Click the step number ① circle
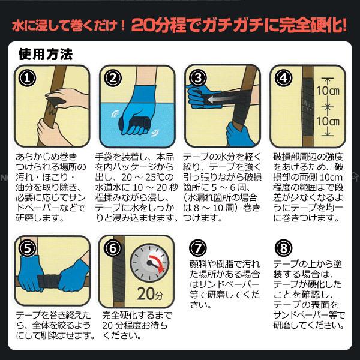tap(27, 78)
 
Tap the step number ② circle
tap(113, 78)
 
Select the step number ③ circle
tap(198, 78)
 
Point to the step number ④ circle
tap(283, 78)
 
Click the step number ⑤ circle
tap(27, 248)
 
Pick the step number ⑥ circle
tap(113, 248)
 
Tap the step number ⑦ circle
tap(198, 248)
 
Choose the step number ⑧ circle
tap(283, 248)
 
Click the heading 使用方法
tap(46, 54)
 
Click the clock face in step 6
tap(149, 263)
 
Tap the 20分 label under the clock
tap(150, 293)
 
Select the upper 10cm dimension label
tap(328, 91)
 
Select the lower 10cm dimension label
tap(328, 121)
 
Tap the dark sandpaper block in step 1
tap(56, 100)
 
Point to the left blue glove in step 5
tap(31, 274)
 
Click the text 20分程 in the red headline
tap(158, 25)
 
